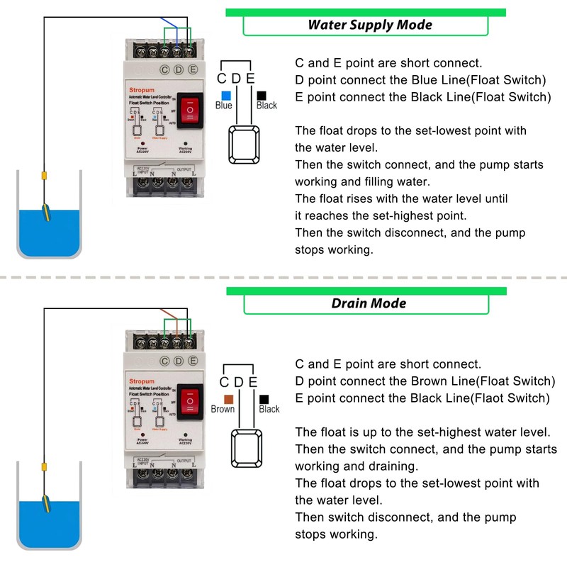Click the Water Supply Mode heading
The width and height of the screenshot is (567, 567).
(x=369, y=25)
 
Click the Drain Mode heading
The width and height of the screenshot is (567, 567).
(x=369, y=303)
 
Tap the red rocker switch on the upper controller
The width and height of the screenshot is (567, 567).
(x=190, y=110)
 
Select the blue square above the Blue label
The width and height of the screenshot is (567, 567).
(x=225, y=94)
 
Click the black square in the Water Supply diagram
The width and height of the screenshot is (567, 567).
(x=262, y=94)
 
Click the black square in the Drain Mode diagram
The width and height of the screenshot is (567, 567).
(x=264, y=400)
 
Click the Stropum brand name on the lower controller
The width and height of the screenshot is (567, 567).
(x=141, y=381)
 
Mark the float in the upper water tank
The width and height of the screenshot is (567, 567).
(x=45, y=213)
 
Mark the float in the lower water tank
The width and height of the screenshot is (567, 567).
(x=45, y=504)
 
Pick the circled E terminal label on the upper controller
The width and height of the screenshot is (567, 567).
(x=192, y=69)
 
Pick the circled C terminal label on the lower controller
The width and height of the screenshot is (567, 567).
(x=164, y=360)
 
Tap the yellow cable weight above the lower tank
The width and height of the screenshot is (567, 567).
(x=43, y=467)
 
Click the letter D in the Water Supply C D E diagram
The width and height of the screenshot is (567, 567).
(x=236, y=78)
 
